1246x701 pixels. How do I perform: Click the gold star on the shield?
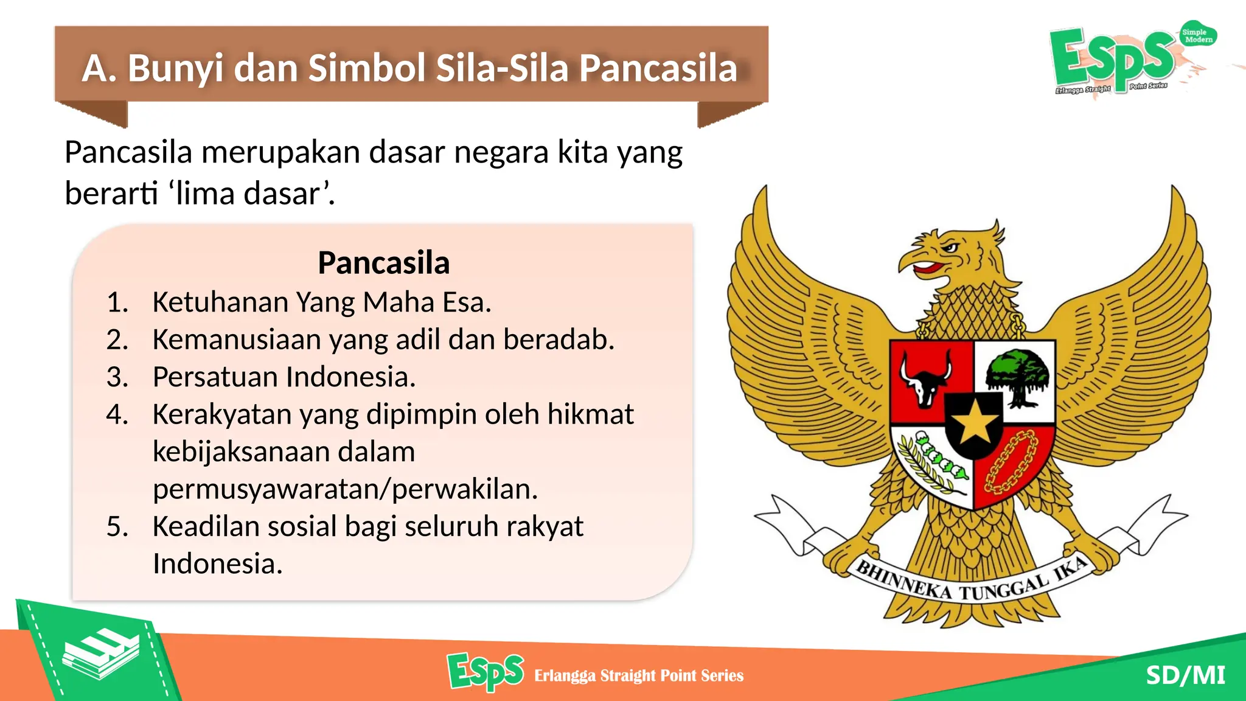pos(974,421)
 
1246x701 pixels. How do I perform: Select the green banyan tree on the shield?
pos(1018,375)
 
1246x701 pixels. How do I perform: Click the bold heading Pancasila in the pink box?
pos(383,263)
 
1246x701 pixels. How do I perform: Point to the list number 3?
pos(117,377)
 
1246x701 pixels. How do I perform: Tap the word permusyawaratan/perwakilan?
pos(345,489)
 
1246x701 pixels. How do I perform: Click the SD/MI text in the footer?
pos(1185,675)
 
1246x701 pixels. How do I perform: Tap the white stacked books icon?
pos(101,655)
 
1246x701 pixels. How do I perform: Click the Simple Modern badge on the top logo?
pos(1197,35)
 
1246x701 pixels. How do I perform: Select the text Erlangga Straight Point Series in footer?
pos(638,675)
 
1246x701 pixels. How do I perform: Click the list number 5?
pos(117,526)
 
